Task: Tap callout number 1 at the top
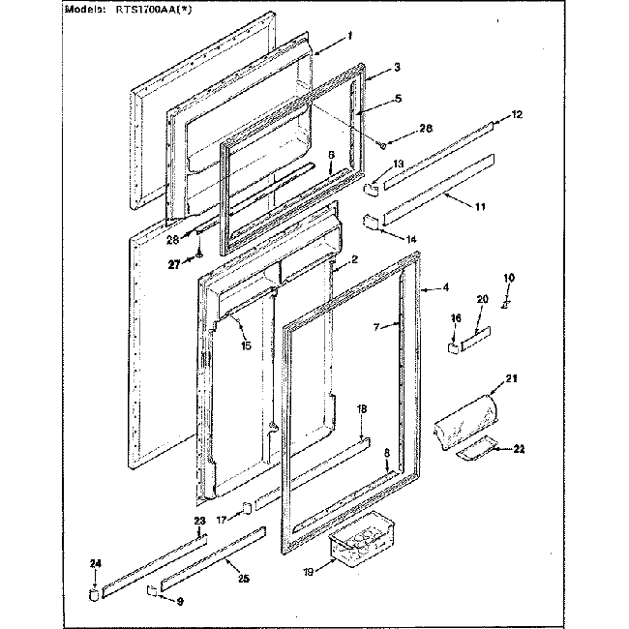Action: click(349, 36)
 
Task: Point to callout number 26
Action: click(425, 130)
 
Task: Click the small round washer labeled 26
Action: click(384, 146)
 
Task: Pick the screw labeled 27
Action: click(198, 254)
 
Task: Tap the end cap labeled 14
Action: click(370, 224)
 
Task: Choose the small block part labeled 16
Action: click(452, 344)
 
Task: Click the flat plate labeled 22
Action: click(478, 450)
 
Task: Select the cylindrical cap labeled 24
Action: click(94, 589)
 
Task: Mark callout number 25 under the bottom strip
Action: click(242, 579)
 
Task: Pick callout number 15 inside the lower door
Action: click(247, 345)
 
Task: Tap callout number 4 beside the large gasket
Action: click(445, 287)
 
